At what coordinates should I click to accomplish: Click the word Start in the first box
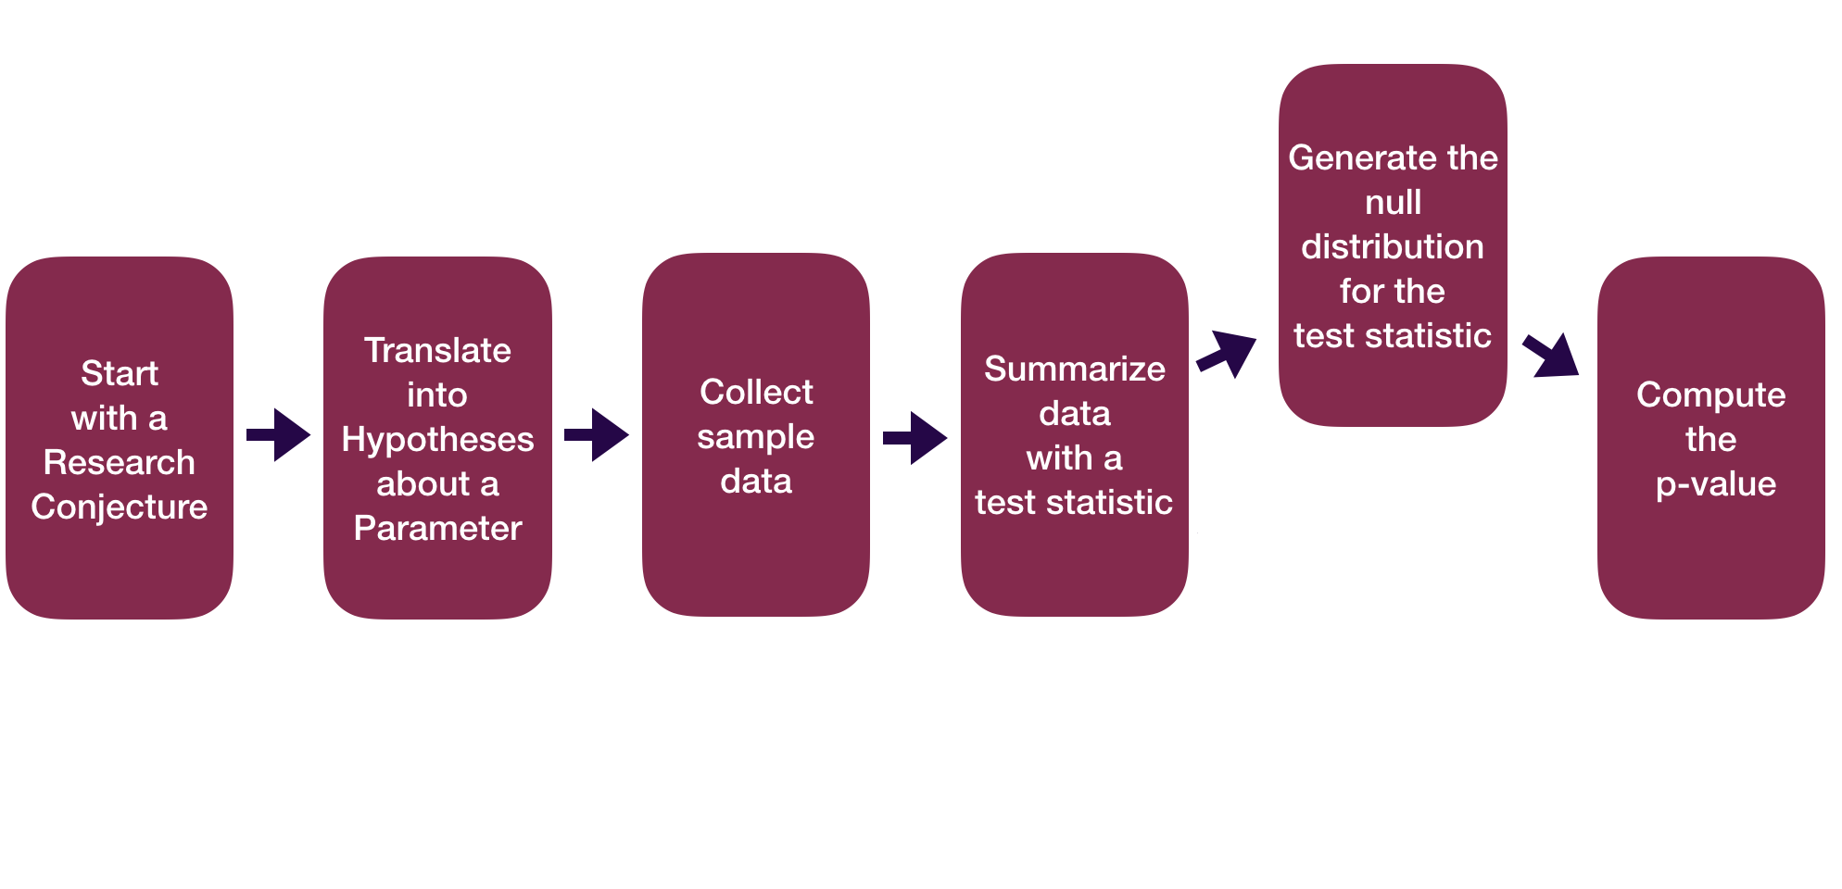click(x=120, y=373)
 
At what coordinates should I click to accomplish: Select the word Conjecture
click(x=120, y=507)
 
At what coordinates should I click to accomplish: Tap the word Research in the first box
click(x=120, y=462)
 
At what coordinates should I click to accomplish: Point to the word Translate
click(x=437, y=350)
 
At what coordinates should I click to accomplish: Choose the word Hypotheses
click(x=437, y=439)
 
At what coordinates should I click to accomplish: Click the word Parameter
click(x=437, y=528)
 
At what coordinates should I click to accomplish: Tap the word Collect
click(x=756, y=392)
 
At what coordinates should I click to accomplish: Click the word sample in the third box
click(x=756, y=436)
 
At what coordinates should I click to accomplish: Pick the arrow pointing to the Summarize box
click(x=915, y=437)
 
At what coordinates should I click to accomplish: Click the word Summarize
click(x=1075, y=369)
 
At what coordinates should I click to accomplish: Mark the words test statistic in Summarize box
click(x=1074, y=502)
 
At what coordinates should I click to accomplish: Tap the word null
click(x=1393, y=202)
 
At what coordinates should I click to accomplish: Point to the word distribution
click(x=1393, y=246)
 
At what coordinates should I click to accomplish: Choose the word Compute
click(x=1710, y=395)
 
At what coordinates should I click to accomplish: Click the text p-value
click(x=1715, y=484)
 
